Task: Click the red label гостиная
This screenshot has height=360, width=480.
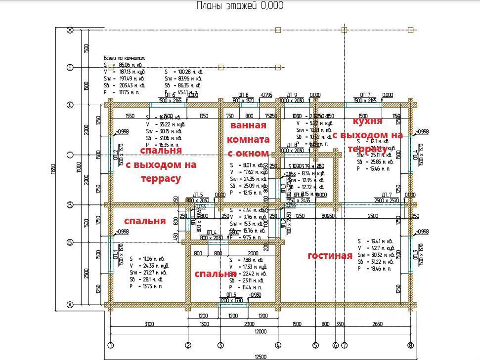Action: coord(330,255)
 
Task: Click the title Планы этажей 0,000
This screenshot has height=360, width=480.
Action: coord(240,6)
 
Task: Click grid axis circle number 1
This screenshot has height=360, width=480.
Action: coord(110,345)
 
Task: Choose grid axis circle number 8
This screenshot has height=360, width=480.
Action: coord(410,345)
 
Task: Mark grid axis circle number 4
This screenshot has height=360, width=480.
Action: coord(278,345)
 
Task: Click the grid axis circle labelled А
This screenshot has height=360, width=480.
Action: coord(70,305)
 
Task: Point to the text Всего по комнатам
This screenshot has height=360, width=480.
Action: coord(124,58)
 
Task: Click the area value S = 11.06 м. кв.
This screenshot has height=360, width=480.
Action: coord(149,259)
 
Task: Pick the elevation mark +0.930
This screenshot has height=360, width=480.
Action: coord(256,295)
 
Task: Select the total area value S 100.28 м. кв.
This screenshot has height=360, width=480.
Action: coord(184,72)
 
